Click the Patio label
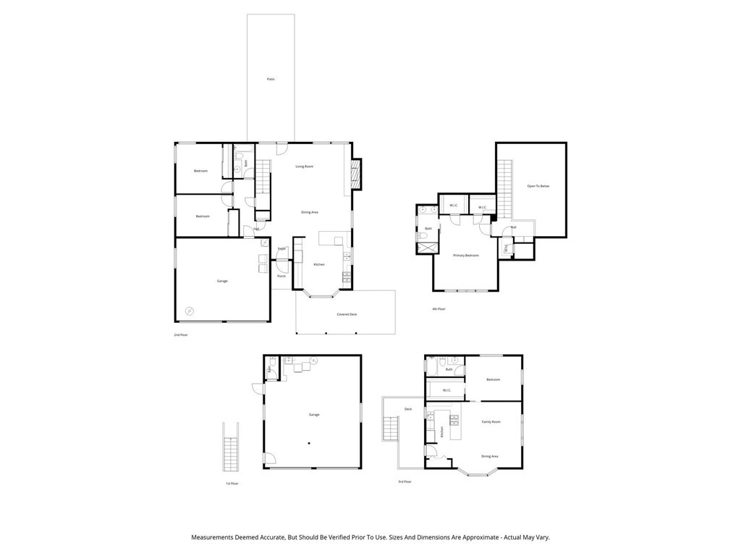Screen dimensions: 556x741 [271, 79]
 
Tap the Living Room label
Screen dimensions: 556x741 [304, 167]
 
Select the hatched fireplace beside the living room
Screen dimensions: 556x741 [355, 174]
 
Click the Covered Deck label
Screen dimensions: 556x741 [347, 314]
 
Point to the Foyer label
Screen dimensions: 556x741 [282, 249]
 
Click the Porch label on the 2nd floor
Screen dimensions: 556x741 [281, 276]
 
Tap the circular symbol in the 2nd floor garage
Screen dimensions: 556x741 [190, 311]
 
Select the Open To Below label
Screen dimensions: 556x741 [538, 186]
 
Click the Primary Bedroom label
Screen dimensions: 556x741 [466, 256]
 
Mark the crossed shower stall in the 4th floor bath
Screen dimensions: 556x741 [427, 248]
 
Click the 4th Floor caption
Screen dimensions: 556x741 [439, 309]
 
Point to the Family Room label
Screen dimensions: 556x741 [491, 421]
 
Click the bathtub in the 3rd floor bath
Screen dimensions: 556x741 [432, 369]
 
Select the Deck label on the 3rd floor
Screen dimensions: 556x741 [408, 409]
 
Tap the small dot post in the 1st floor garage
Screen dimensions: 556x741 [309, 442]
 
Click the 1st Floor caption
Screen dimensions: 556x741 [232, 483]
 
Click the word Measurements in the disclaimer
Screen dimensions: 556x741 [214, 537]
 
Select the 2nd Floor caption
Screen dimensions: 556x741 [180, 335]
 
